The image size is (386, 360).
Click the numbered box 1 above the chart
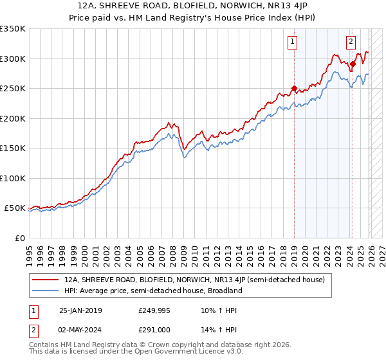[x=293, y=42]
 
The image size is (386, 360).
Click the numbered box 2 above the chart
[x=351, y=42]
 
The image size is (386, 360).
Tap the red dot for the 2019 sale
[x=294, y=89]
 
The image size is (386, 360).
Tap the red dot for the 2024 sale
[x=353, y=64]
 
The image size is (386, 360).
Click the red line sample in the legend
[x=45, y=280]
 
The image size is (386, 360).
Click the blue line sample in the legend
[x=45, y=291]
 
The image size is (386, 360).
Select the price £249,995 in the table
[x=154, y=310]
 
